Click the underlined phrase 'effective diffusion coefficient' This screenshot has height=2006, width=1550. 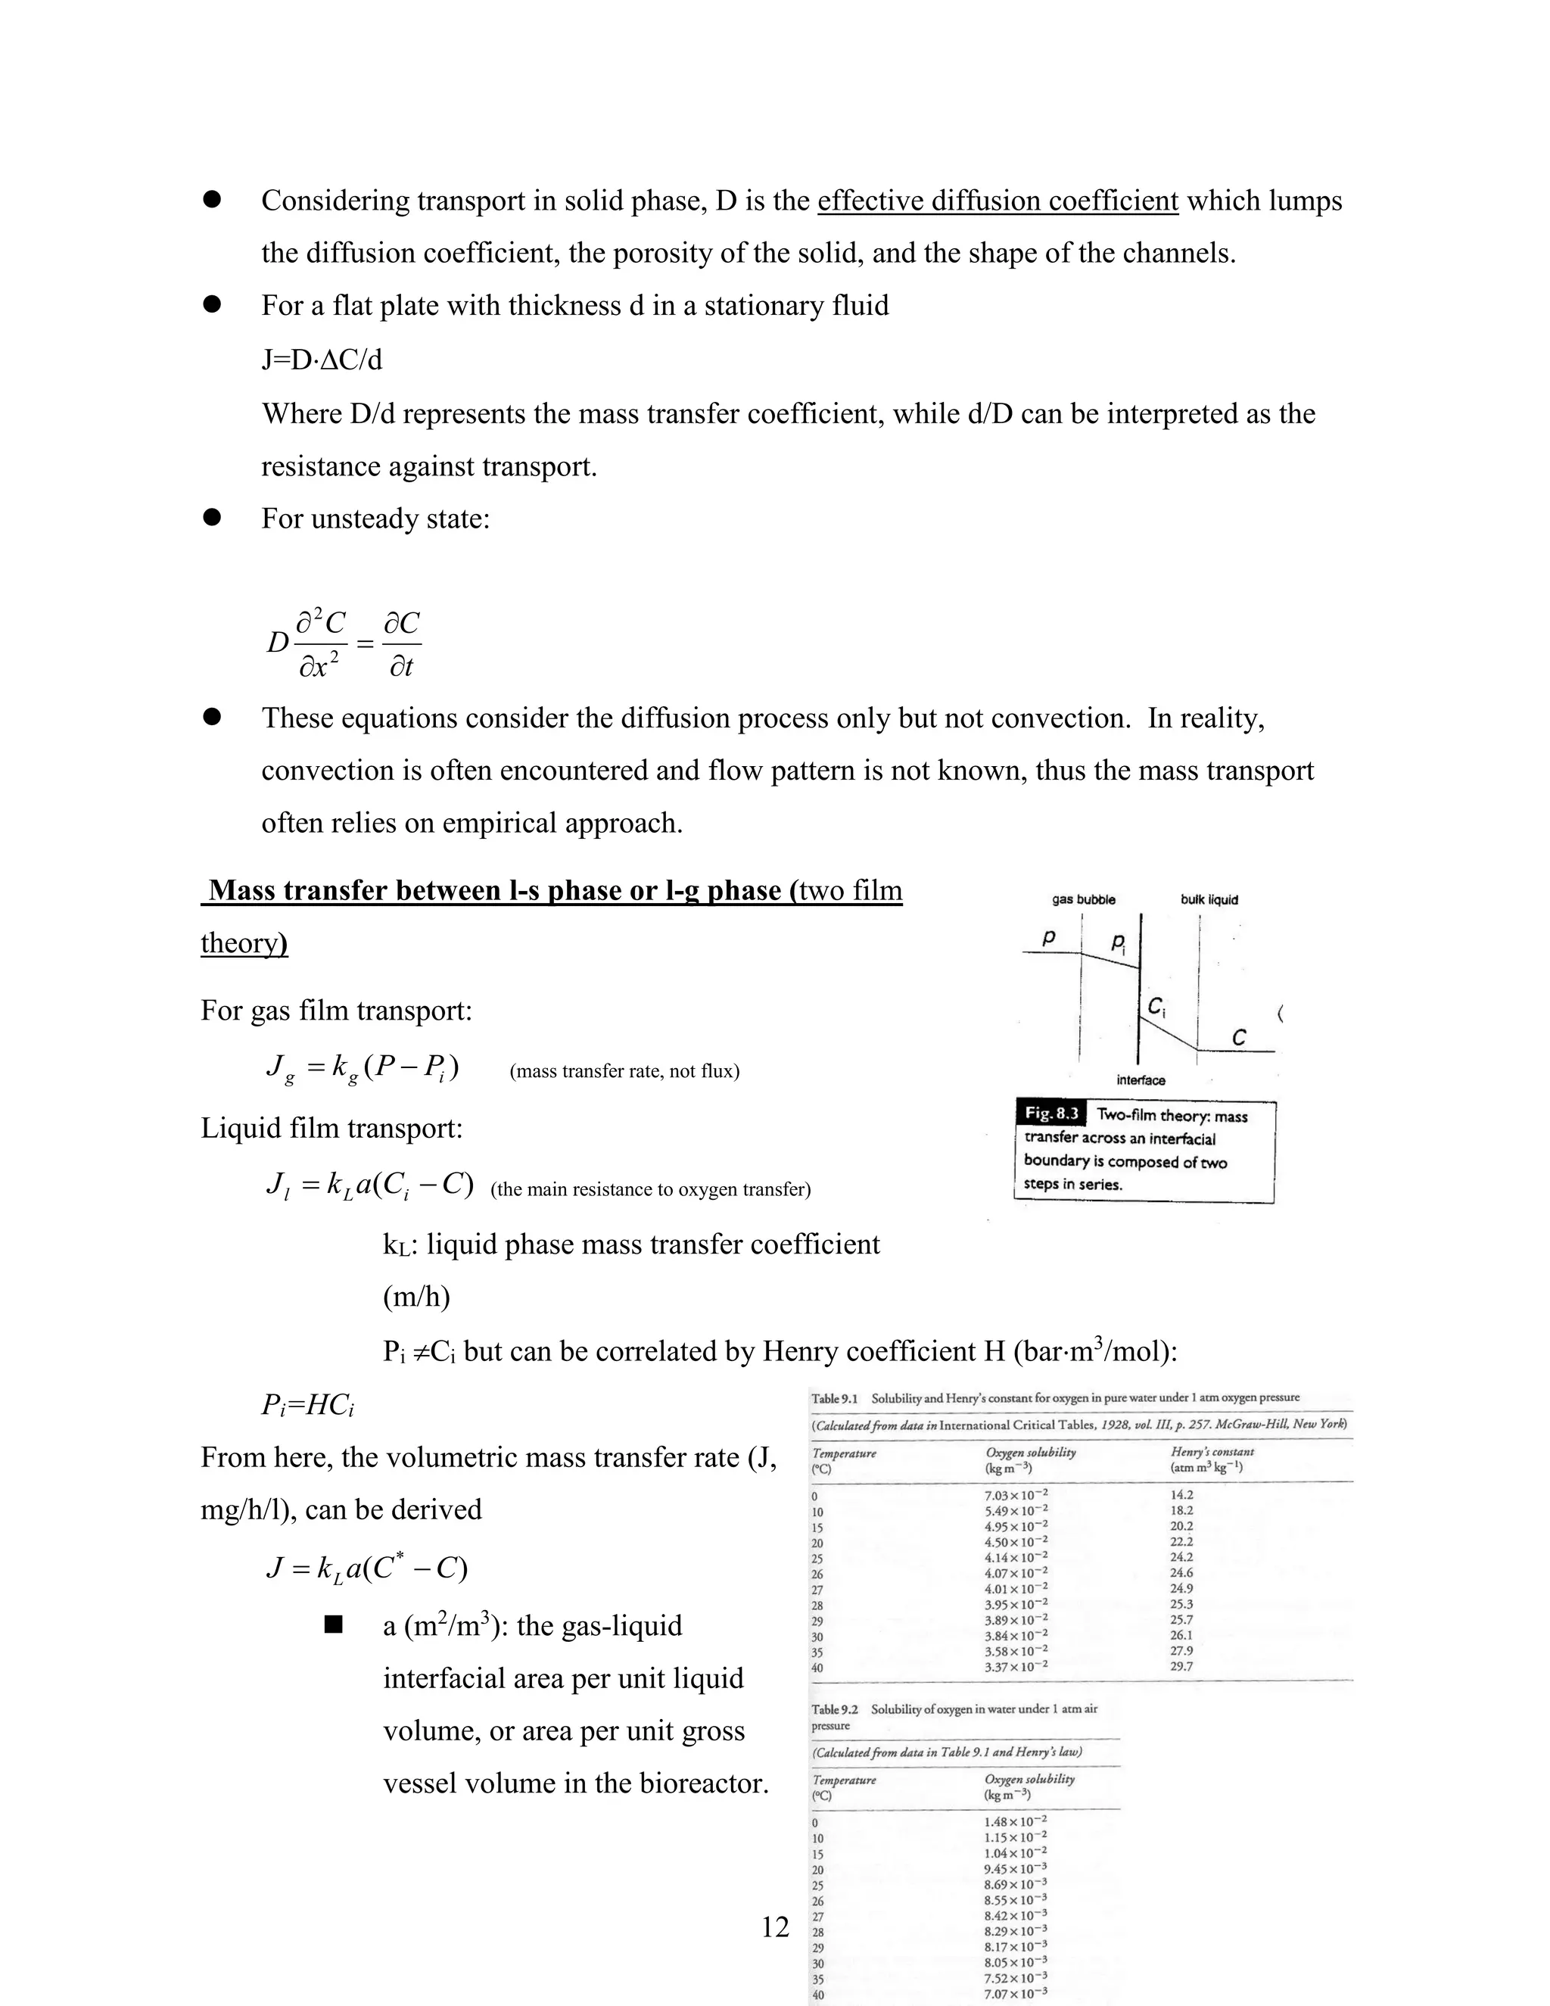pos(998,201)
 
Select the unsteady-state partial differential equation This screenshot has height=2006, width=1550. pos(344,643)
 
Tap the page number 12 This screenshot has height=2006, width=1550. pos(775,1926)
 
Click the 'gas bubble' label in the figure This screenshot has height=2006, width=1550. pos(1084,899)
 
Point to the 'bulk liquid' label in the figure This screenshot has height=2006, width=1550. pos(1209,899)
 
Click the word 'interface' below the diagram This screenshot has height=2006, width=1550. pos(1141,1080)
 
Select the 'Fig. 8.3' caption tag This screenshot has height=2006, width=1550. pos(1051,1114)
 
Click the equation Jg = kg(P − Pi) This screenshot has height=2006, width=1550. pos(363,1068)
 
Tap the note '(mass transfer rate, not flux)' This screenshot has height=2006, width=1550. pos(624,1071)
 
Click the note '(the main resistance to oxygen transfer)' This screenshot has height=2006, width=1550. pos(651,1189)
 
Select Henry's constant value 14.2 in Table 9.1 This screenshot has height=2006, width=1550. pos(1181,1494)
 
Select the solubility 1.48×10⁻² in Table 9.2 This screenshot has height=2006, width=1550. pos(1015,1821)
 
